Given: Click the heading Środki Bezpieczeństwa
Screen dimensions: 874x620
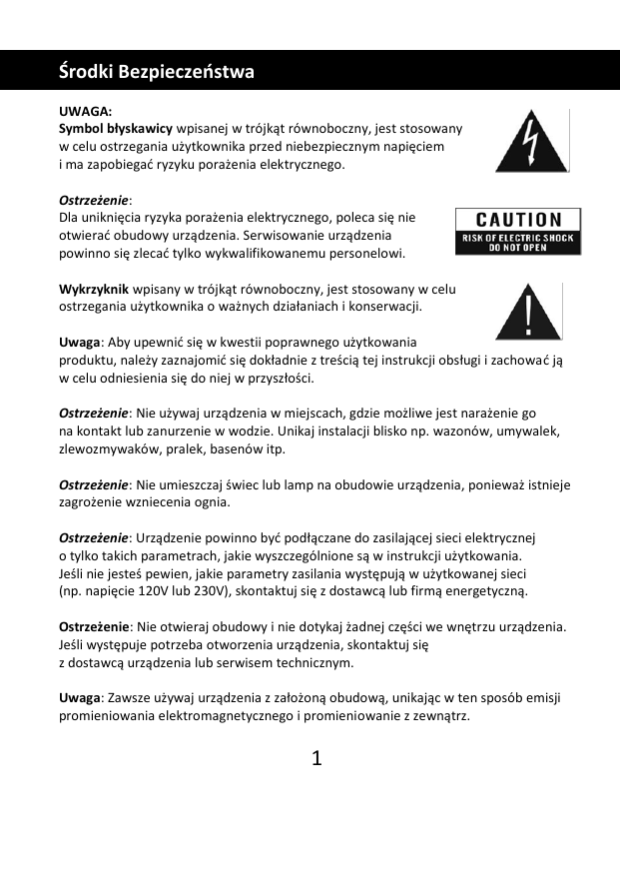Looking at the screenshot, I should (157, 72).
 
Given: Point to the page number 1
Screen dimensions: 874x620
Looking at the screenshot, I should (316, 759).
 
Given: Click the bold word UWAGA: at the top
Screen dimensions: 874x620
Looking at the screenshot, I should (86, 112).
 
